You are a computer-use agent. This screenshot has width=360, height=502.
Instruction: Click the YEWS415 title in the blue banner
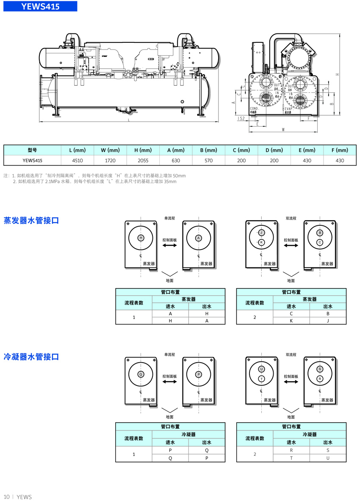[x=41, y=7]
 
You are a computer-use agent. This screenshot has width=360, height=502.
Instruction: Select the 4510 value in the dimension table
[x=78, y=161]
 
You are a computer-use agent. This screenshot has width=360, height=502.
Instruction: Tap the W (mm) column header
[x=110, y=150]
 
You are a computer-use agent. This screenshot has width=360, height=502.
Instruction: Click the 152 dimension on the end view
[x=241, y=119]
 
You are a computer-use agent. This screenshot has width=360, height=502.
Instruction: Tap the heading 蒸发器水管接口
[x=31, y=221]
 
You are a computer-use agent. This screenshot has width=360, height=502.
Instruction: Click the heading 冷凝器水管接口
[x=31, y=357]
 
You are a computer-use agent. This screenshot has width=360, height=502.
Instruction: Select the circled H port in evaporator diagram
[x=141, y=238]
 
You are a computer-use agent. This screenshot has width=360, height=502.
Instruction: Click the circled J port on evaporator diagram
[x=261, y=233]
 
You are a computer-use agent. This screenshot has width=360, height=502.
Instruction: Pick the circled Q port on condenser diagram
[x=141, y=374]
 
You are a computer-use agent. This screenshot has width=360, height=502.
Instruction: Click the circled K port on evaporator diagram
[x=261, y=242]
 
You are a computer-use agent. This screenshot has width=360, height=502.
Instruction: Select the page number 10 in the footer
[x=6, y=496]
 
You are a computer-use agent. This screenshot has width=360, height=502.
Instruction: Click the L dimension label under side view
[x=128, y=120]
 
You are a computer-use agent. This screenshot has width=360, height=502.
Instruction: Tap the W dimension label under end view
[x=283, y=130]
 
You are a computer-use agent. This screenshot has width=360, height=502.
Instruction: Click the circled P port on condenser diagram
[x=198, y=374]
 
